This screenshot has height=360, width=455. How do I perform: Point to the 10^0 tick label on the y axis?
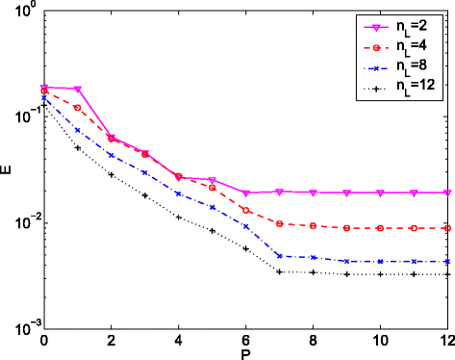point(24,11)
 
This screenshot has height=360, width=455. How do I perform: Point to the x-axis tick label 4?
point(179,341)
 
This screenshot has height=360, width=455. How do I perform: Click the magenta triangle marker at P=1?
point(78,90)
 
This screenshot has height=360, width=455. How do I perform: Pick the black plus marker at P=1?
point(78,148)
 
